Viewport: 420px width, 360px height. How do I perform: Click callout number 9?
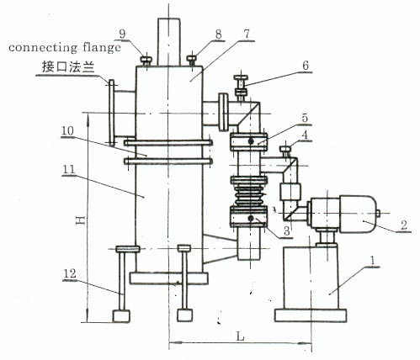pyautogui.click(x=122, y=34)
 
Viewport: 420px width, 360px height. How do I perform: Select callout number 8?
pyautogui.click(x=218, y=34)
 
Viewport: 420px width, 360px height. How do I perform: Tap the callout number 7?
pyautogui.click(x=247, y=34)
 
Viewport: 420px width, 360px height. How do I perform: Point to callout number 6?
pyautogui.click(x=306, y=66)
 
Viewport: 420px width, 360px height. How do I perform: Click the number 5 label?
pyautogui.click(x=305, y=118)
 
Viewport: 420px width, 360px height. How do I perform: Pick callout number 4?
pyautogui.click(x=305, y=135)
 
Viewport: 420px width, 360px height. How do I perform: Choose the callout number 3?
pyautogui.click(x=286, y=231)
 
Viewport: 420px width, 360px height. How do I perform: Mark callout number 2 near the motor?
pyautogui.click(x=404, y=225)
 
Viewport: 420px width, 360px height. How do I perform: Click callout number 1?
pyautogui.click(x=373, y=261)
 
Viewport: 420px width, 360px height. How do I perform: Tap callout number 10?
pyautogui.click(x=67, y=130)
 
